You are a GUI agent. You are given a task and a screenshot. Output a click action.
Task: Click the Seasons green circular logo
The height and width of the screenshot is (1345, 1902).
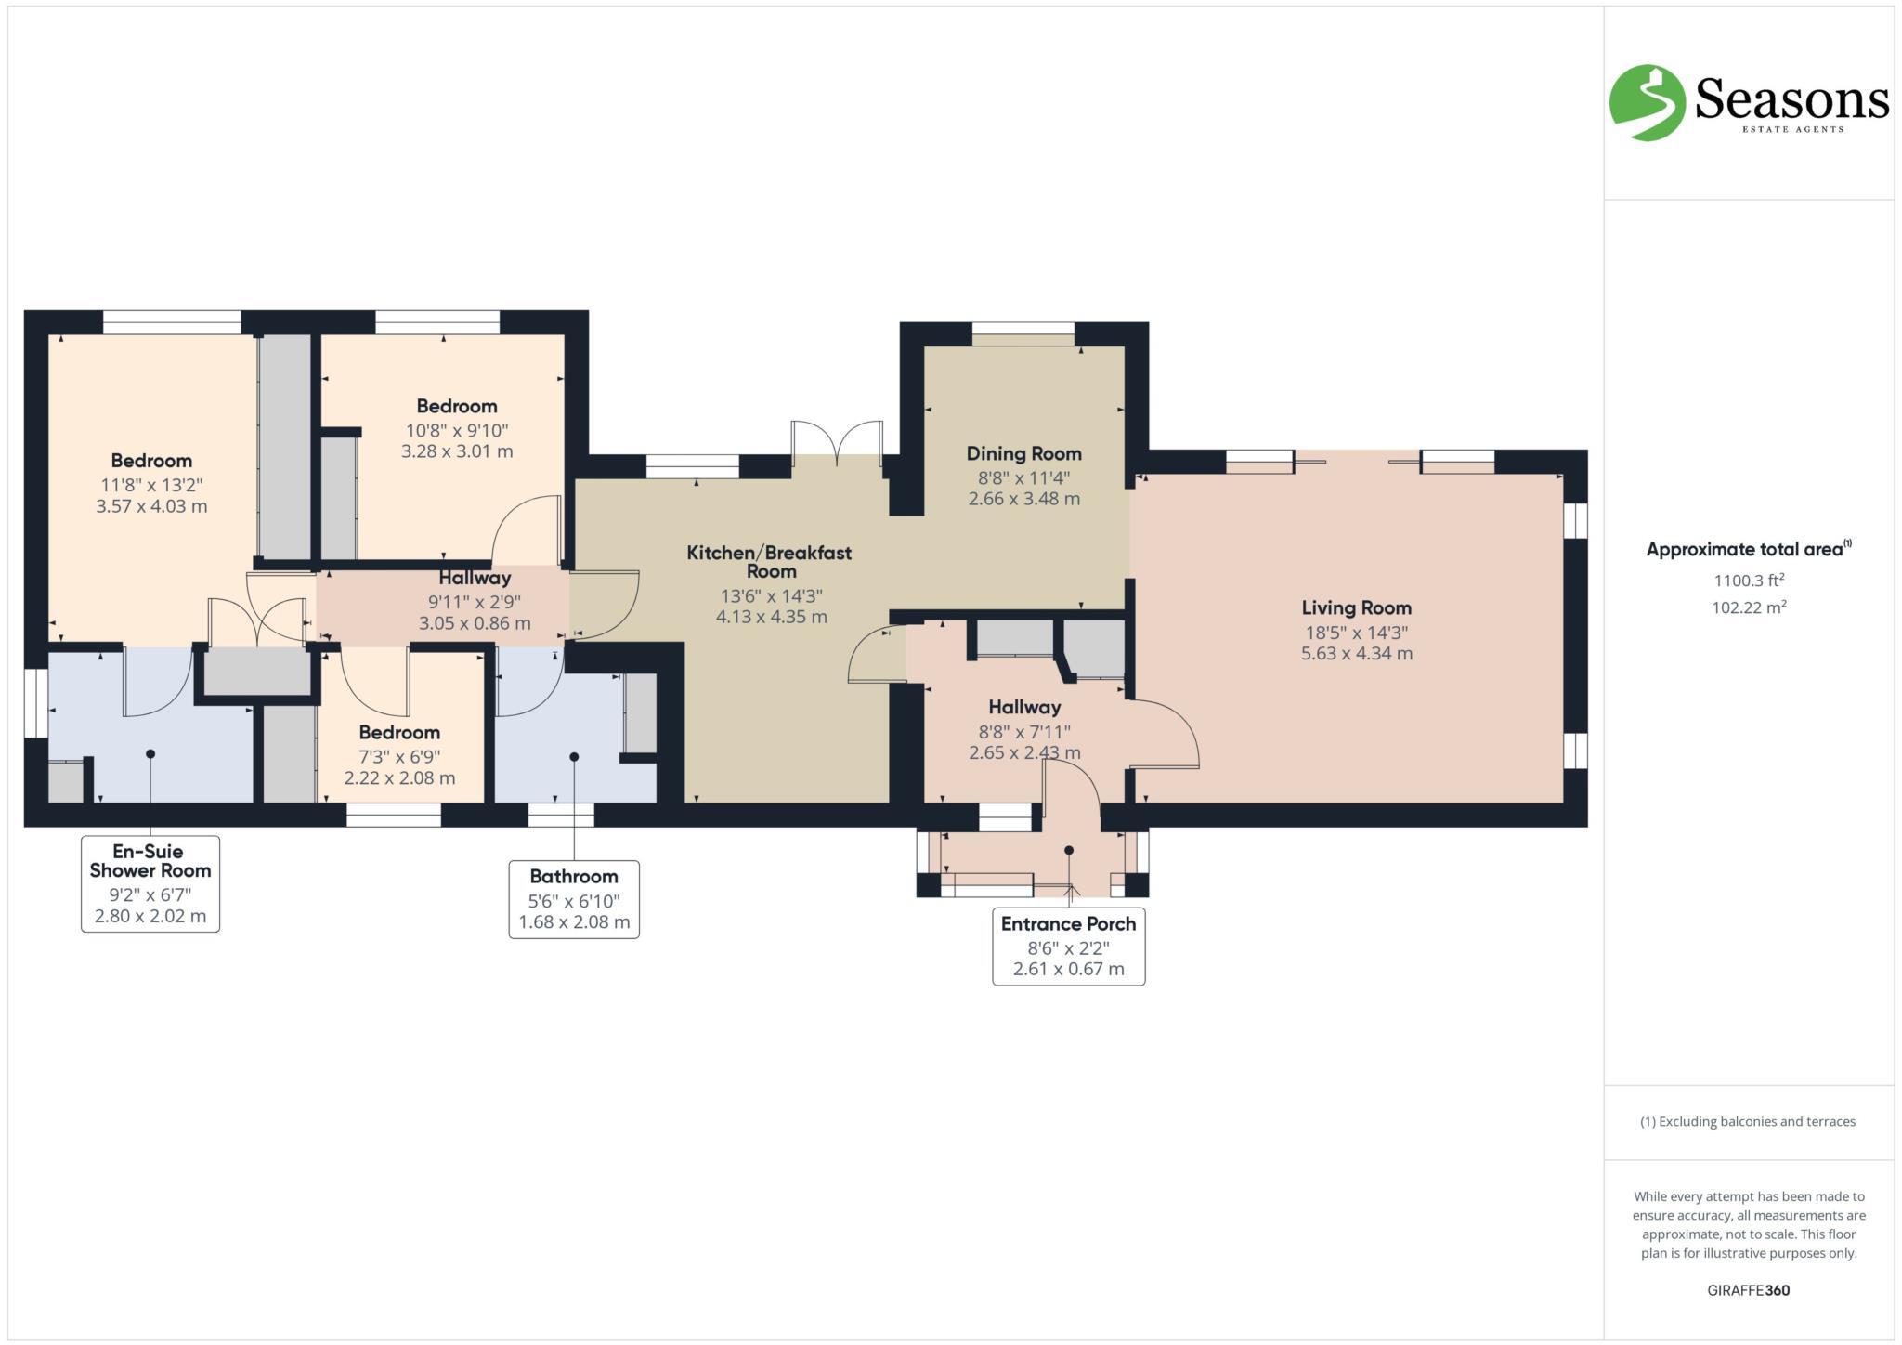tap(1647, 103)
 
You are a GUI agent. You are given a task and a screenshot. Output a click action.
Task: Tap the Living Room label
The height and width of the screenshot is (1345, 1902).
tap(1356, 608)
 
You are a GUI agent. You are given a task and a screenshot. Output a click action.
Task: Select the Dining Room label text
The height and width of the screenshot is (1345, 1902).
tap(1023, 454)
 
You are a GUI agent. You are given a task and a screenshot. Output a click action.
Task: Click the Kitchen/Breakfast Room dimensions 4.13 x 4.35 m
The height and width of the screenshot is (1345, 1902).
tap(771, 617)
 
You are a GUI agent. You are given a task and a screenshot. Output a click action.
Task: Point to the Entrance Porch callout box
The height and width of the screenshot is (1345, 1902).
tap(1068, 947)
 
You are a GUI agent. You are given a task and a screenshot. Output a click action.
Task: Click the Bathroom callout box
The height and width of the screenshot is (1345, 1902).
tap(574, 899)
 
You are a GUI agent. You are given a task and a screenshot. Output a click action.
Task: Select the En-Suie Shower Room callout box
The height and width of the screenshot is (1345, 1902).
tap(150, 883)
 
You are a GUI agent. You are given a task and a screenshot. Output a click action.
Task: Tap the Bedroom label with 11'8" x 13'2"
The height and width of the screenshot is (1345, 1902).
tap(151, 461)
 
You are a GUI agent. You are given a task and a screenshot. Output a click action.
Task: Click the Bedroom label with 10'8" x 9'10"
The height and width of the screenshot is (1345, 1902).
tap(456, 407)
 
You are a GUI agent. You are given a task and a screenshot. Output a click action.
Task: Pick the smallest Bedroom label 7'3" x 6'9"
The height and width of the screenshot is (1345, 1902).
tap(399, 733)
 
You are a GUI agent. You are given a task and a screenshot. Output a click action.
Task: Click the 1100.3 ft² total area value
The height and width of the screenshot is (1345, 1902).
tap(1749, 581)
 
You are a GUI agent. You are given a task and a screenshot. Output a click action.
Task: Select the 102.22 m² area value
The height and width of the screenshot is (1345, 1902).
tap(1749, 608)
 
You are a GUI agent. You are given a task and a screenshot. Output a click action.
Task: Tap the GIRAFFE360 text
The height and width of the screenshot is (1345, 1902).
tap(1748, 1290)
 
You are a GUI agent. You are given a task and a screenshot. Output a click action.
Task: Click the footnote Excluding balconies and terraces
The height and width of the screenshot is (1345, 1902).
tap(1748, 1121)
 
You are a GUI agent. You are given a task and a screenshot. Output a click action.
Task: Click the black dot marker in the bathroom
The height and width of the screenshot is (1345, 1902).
tap(574, 757)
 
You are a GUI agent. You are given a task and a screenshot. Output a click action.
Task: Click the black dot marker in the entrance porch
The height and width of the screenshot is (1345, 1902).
tap(1069, 850)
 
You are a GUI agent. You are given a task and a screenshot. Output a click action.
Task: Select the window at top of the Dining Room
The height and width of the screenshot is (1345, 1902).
tap(1023, 333)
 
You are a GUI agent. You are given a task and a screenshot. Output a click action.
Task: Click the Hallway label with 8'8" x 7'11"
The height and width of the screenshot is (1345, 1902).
tap(1024, 708)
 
